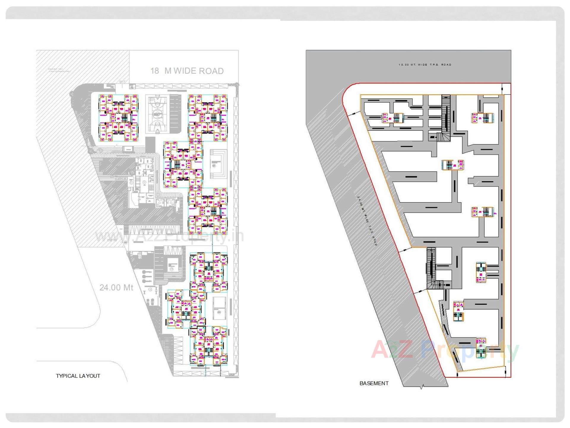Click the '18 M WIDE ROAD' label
[187, 71]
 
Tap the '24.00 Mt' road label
[116, 288]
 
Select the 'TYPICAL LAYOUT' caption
[78, 376]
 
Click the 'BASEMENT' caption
[374, 383]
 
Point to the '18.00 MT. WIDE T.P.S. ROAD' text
[425, 64]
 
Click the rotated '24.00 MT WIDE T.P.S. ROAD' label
[367, 221]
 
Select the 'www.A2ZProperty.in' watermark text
[169, 237]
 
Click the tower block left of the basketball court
[118, 118]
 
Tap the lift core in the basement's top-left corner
[393, 118]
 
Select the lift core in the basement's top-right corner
[482, 118]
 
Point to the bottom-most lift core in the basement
[481, 348]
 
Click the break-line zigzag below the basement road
[421, 387]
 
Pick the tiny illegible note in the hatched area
[59, 70]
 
